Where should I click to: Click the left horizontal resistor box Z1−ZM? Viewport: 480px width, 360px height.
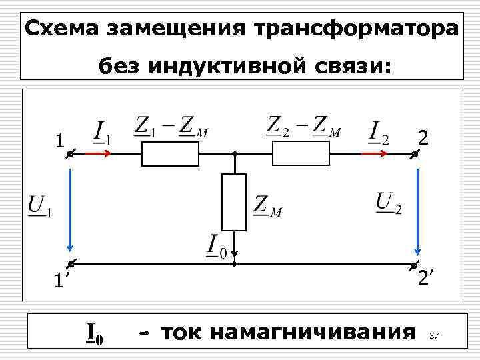(x=169, y=154)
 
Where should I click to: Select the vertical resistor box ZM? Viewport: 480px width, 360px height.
(x=234, y=202)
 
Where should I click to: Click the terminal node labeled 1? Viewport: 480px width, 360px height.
(x=69, y=155)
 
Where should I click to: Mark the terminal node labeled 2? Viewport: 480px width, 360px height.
(x=414, y=155)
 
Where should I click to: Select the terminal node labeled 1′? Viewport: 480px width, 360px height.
(x=69, y=265)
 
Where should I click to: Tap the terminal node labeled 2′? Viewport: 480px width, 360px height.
(x=414, y=265)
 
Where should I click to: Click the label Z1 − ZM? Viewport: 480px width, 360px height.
(x=171, y=126)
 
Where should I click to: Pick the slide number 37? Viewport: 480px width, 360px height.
(x=435, y=335)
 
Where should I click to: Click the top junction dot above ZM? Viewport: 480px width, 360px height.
(x=234, y=154)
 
